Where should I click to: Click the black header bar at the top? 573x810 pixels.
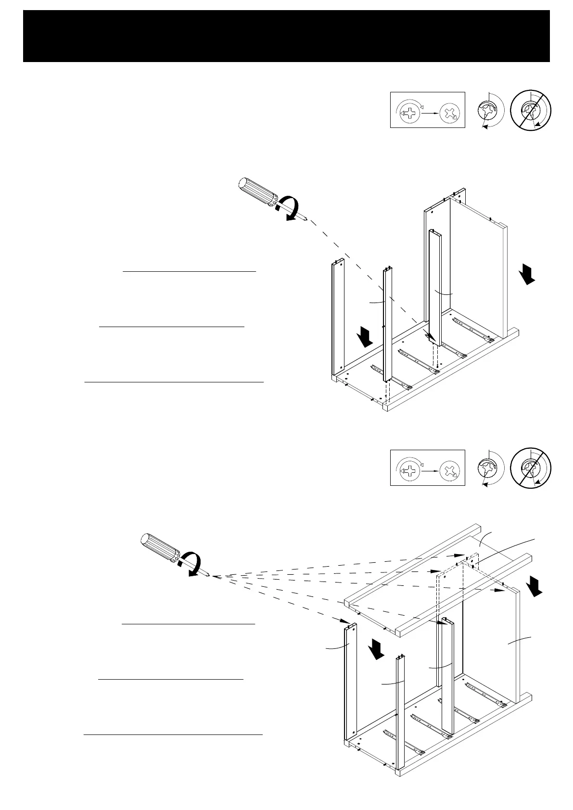tap(286, 36)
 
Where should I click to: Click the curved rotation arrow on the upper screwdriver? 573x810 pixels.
tap(291, 208)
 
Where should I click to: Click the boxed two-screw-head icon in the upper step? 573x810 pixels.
tap(427, 110)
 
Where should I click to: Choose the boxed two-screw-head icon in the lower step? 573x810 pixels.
tap(427, 468)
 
